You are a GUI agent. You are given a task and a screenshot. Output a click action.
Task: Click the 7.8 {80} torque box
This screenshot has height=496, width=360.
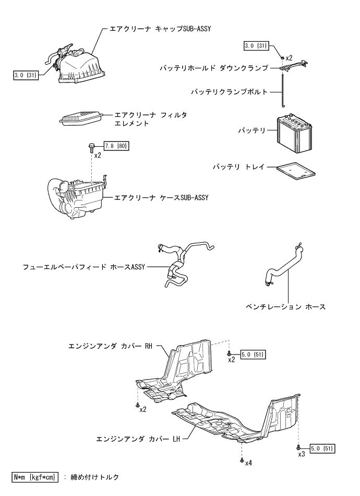[x=117, y=146]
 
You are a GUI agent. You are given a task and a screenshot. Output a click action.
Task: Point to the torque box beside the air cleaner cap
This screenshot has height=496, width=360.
[x=26, y=75]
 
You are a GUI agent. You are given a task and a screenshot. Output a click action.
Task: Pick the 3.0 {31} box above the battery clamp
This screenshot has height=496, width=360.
[x=256, y=46]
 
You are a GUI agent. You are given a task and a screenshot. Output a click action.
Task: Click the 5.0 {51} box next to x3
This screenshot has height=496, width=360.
[x=322, y=448]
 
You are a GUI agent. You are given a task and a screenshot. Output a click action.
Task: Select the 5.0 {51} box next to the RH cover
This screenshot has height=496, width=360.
[x=253, y=355]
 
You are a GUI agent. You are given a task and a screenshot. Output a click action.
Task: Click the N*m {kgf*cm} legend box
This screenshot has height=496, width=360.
[x=35, y=477]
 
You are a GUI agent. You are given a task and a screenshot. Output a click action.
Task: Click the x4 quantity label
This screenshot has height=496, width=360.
[x=248, y=463]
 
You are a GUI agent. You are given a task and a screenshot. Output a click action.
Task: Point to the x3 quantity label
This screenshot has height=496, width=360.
[x=302, y=454]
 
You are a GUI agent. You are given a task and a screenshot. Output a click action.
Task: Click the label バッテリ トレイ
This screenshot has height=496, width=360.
[x=238, y=167]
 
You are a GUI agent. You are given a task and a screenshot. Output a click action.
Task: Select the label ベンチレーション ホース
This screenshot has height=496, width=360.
[x=286, y=306]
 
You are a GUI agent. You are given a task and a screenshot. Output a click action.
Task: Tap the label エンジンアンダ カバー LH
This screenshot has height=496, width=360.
[x=138, y=439]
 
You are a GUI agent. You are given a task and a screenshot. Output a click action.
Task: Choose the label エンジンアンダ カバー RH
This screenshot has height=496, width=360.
[x=110, y=346]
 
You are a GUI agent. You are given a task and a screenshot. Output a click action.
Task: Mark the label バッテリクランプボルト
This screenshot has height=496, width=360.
[x=230, y=92]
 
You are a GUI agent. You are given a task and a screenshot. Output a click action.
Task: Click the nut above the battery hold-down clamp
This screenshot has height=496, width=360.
[x=282, y=57]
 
